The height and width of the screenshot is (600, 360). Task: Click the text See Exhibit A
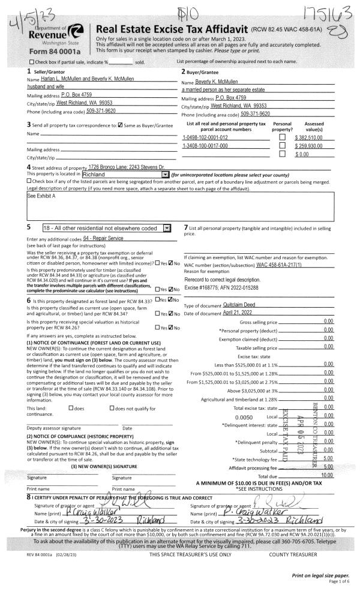pos(41,196)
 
